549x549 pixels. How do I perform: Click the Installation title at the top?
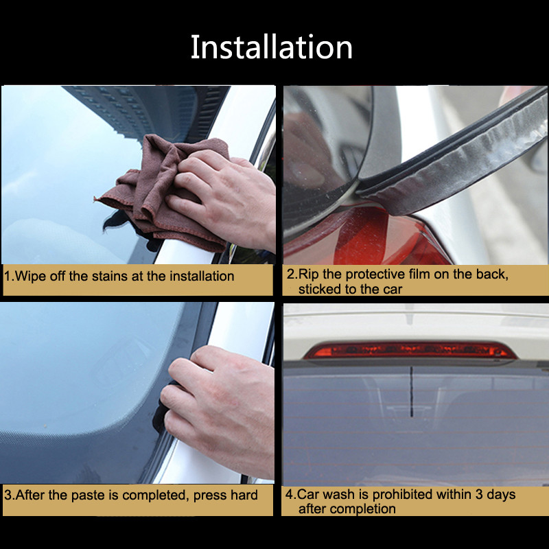tap(272, 47)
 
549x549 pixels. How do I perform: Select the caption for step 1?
tap(120, 277)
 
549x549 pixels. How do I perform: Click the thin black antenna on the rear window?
tap(411, 391)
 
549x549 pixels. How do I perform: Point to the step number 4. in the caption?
tap(290, 494)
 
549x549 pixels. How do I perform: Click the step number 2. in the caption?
tap(292, 274)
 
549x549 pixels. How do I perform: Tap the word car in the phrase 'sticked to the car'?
tap(392, 289)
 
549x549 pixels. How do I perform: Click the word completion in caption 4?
tap(366, 509)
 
